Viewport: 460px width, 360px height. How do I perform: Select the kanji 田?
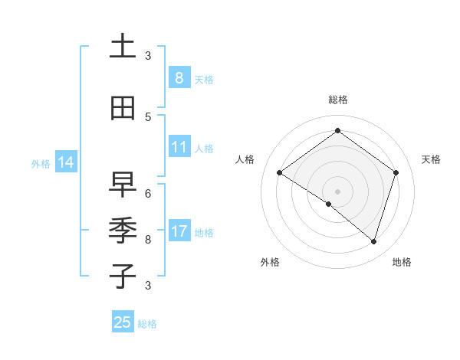123,109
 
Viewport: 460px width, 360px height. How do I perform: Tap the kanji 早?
123,185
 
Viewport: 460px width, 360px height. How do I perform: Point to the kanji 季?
123,230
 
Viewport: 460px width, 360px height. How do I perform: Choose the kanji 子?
123,276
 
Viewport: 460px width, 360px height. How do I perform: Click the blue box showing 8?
179,78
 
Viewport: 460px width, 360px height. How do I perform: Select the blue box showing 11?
179,148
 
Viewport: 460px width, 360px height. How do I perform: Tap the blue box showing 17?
179,231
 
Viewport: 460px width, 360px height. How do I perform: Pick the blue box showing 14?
65,162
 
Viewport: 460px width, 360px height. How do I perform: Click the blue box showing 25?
123,322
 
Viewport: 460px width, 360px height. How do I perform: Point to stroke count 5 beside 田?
148,117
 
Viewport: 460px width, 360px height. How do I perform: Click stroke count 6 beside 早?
148,194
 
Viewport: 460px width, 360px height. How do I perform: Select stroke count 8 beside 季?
148,240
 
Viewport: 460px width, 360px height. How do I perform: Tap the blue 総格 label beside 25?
147,324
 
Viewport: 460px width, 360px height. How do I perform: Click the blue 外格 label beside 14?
41,163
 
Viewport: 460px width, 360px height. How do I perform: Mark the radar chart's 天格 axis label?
431,159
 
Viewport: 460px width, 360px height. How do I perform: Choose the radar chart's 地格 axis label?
402,262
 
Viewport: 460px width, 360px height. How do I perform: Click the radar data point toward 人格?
280,172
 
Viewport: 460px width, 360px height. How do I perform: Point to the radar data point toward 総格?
337,131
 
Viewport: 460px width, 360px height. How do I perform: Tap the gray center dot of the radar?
337,191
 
